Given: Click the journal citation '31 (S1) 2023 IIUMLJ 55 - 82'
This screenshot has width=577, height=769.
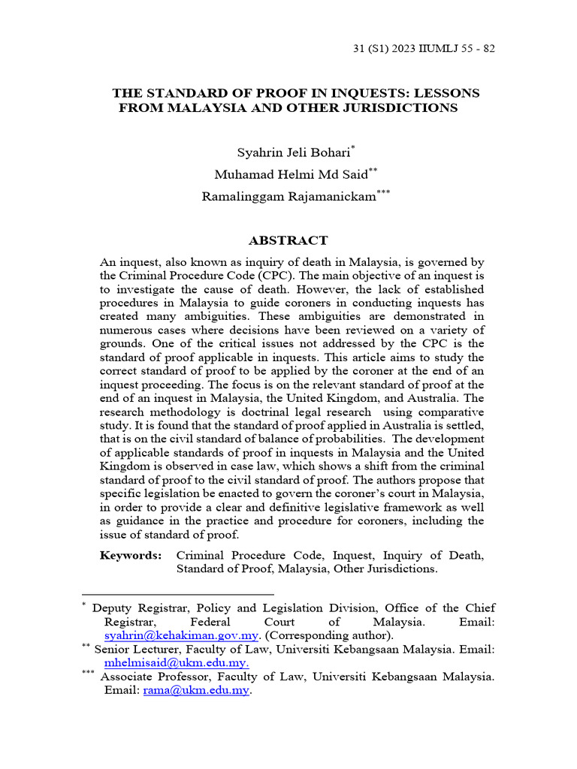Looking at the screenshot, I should [424, 49].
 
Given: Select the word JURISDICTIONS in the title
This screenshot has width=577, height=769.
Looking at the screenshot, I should [392, 107].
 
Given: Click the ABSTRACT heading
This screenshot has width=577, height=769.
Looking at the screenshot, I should [288, 241].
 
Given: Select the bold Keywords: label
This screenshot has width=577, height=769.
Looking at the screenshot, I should [131, 556].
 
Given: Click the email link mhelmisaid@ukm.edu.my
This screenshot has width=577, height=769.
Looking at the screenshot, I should [177, 663].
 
